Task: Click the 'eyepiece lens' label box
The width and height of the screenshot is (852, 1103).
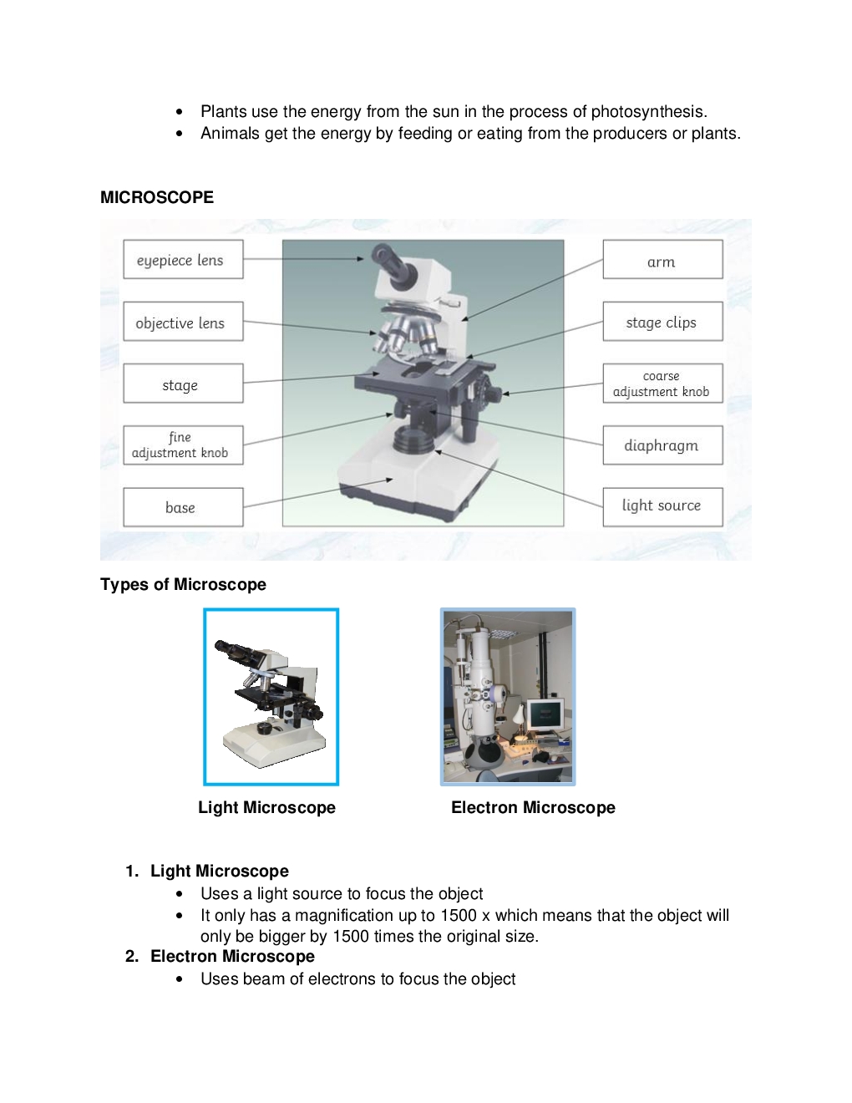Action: point(183,259)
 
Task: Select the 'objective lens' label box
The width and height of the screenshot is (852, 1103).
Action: point(183,322)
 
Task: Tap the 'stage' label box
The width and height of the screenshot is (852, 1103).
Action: point(183,384)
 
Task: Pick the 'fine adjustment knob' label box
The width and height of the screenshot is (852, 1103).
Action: point(183,445)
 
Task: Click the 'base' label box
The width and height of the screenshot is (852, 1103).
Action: point(183,507)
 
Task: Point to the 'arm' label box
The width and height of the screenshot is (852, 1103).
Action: point(662,259)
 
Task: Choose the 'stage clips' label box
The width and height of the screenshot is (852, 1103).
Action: point(662,322)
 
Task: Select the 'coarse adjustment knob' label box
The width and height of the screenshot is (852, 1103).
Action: point(662,384)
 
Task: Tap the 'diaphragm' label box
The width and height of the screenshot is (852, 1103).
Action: point(662,445)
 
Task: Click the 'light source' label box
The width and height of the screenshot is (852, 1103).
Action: point(662,507)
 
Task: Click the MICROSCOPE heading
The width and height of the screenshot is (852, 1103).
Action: point(157,197)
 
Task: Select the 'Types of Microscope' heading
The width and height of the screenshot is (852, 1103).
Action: point(183,584)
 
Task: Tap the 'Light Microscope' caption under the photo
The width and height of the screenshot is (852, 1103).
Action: point(267,807)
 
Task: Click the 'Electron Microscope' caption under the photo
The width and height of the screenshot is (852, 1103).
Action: point(533,807)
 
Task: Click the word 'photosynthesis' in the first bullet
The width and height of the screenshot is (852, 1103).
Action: point(649,112)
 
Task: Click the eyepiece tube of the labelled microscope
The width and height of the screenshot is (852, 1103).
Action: point(393,264)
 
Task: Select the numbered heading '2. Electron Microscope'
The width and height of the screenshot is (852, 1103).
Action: point(220,956)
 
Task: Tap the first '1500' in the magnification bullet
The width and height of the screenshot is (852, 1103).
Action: point(459,915)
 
